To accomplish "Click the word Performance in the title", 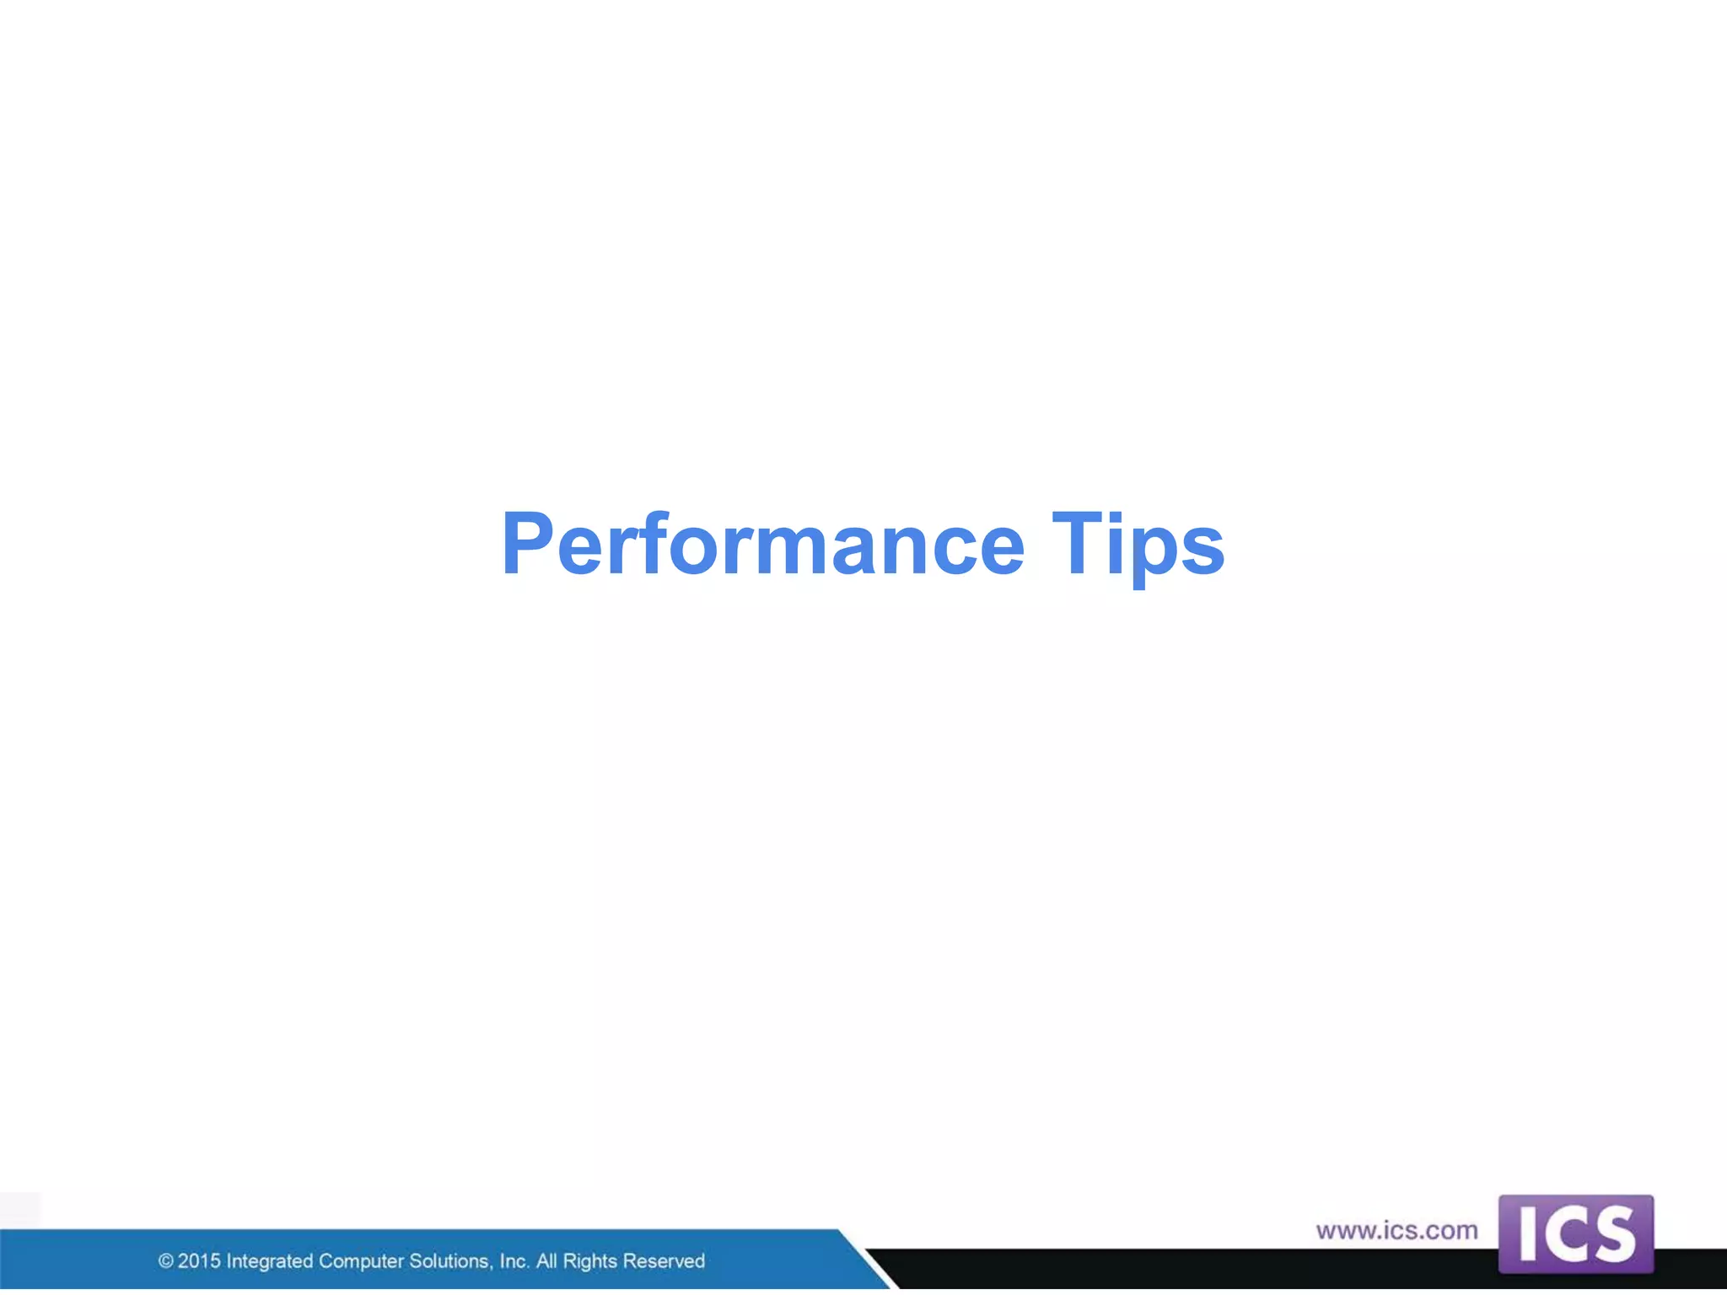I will click(x=762, y=545).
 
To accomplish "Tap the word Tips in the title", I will click(x=1138, y=545).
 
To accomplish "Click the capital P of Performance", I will click(x=527, y=545).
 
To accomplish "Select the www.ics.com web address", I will click(x=1396, y=1230).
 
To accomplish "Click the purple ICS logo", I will click(x=1575, y=1233).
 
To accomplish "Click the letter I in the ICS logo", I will click(x=1527, y=1235).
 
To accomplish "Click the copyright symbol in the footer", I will click(x=166, y=1261).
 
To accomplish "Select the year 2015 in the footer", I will click(x=199, y=1261).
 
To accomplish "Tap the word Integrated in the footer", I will click(x=269, y=1262).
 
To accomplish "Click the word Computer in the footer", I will click(x=361, y=1262).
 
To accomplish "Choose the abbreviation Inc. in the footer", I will click(x=514, y=1261).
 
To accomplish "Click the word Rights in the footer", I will click(x=590, y=1262).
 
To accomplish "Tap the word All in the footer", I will click(x=546, y=1261).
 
